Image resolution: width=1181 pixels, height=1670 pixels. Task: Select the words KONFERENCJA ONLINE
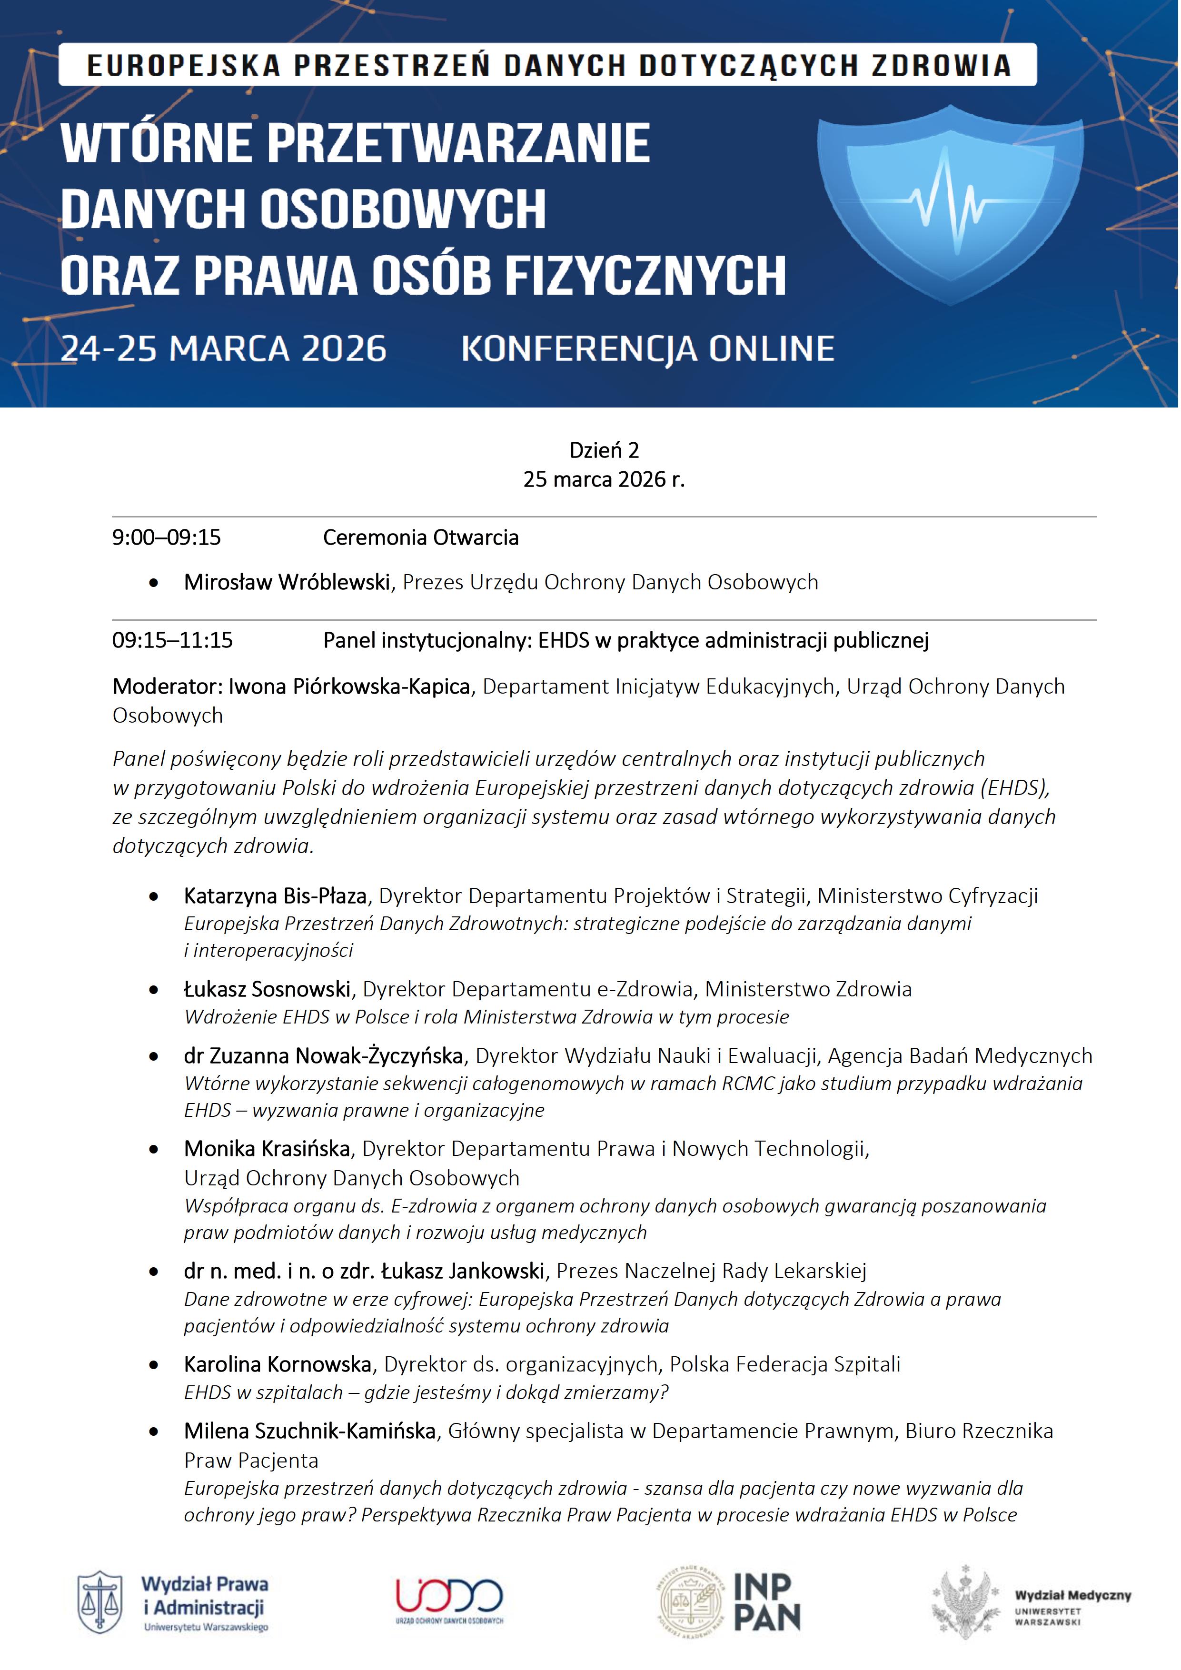click(647, 349)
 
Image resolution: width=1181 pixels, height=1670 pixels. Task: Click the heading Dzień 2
click(604, 450)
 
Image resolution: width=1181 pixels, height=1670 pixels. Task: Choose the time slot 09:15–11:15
click(172, 640)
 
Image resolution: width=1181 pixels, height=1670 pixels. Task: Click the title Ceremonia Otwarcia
click(420, 537)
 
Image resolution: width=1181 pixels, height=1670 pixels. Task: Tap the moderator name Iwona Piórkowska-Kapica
click(349, 686)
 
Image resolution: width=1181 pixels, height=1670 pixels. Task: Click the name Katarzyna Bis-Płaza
click(275, 895)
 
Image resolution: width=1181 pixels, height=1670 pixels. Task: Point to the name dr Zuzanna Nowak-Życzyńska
click(324, 1055)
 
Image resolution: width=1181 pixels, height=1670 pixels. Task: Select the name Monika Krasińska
click(267, 1149)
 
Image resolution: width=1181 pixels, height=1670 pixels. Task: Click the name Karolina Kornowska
click(278, 1364)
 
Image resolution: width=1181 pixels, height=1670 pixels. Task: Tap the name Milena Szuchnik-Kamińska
click(310, 1431)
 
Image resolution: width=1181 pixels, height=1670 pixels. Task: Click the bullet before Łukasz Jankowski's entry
click(153, 1272)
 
